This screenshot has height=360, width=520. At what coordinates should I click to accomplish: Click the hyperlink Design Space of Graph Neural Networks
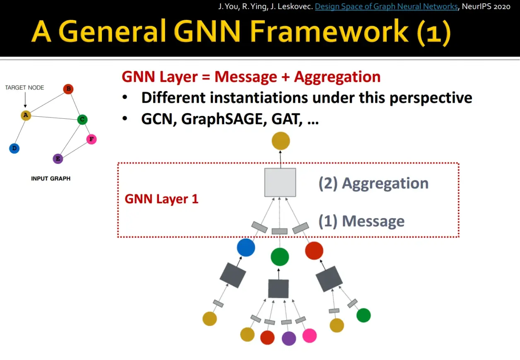point(386,7)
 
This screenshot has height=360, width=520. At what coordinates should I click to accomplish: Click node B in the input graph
point(68,89)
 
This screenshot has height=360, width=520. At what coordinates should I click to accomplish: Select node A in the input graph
point(26,115)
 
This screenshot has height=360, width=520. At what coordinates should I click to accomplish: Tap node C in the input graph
point(82,120)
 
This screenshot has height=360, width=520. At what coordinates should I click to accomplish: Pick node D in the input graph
point(14,149)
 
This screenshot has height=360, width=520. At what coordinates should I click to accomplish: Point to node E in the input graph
point(58,159)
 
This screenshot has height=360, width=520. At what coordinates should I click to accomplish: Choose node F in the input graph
point(91,139)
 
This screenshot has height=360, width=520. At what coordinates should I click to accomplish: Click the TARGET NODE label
point(24,88)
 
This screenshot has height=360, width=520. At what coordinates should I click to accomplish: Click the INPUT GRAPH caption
point(51,179)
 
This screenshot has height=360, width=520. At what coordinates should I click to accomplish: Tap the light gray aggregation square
point(280,182)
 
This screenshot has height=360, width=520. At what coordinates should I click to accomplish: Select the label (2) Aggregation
point(373,183)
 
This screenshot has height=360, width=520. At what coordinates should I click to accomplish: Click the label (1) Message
point(361,221)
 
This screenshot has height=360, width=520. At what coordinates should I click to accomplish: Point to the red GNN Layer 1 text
point(161,199)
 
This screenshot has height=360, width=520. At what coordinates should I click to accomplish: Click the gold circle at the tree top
point(281,141)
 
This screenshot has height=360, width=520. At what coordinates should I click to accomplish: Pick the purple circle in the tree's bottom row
point(289,338)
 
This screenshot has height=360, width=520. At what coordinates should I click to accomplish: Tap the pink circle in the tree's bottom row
point(309,336)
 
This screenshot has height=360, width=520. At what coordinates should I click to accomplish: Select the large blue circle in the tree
point(246,247)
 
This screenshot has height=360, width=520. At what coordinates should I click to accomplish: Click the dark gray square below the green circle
point(278,289)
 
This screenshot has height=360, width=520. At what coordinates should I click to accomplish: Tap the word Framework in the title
point(329,31)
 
